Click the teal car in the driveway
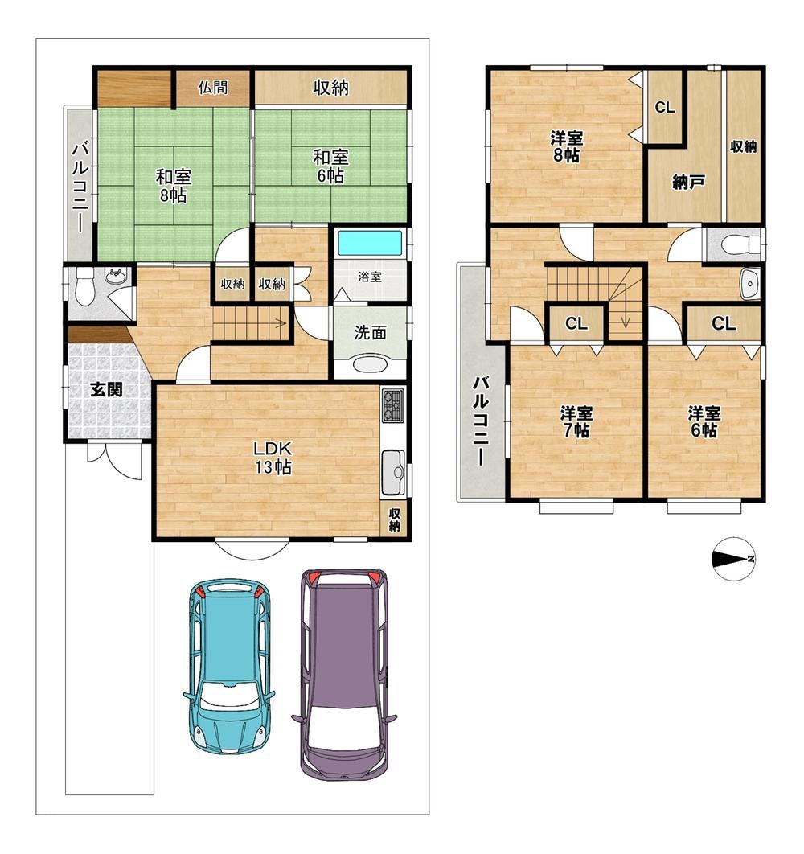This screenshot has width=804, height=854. point(229,666)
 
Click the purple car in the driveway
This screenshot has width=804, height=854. point(345,673)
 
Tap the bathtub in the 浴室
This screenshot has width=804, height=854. point(370,244)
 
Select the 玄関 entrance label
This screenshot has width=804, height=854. point(106,389)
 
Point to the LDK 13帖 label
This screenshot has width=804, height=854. point(273,458)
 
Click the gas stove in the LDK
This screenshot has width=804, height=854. point(393,405)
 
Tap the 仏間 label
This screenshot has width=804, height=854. point(212,87)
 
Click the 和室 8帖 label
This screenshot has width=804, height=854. point(173,186)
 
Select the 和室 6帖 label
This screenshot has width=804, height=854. point(330,166)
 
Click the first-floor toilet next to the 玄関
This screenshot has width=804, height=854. point(84,287)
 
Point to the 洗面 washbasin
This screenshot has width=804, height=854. point(371,363)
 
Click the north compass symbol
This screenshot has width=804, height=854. point(733,559)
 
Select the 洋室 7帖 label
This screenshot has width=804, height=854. point(576,421)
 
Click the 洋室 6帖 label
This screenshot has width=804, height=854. point(703,421)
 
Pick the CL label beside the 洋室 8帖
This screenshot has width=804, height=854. point(665,107)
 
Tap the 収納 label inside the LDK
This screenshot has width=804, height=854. point(395,520)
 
